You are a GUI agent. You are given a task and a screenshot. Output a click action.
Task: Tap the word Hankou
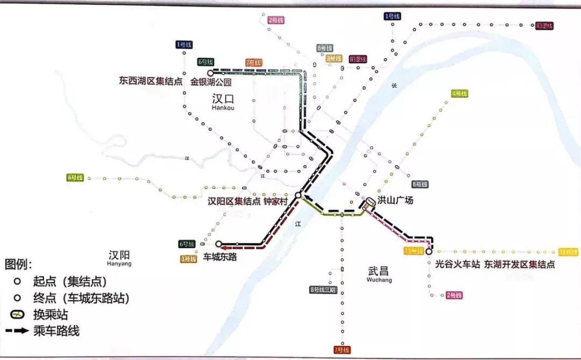tap(223, 108)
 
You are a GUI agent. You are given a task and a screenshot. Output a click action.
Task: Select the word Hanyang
tap(119, 264)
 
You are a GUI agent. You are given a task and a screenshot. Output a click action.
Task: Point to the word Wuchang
tap(379, 280)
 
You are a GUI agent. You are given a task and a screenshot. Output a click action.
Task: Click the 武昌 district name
tap(379, 271)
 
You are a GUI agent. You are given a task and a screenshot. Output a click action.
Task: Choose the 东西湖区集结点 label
tap(151, 82)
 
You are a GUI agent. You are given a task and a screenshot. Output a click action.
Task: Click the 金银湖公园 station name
tap(211, 82)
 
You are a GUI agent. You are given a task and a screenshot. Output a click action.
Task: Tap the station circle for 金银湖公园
tap(211, 72)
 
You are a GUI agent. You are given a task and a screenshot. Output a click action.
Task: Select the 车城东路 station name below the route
tap(220, 257)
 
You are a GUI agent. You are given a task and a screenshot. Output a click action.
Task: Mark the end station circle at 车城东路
tap(218, 244)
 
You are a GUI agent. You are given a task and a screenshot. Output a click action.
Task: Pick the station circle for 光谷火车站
tap(429, 251)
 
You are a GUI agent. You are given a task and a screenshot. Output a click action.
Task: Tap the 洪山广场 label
tap(395, 200)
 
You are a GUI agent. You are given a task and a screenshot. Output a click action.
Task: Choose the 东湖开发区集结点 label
tap(519, 264)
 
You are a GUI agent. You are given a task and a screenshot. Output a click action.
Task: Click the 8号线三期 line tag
tap(323, 290)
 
